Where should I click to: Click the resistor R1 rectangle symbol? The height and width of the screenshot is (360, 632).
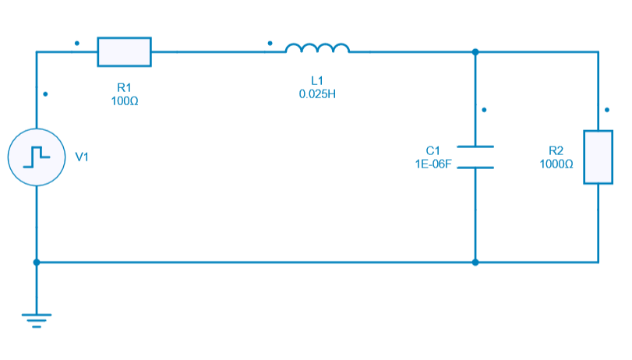click(x=124, y=51)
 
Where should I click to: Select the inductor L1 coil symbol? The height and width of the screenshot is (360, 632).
click(x=317, y=49)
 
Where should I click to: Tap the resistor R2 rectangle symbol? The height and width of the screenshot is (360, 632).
click(x=598, y=157)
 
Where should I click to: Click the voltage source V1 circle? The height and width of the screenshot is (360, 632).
click(x=36, y=157)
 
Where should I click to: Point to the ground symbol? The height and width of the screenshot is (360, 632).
click(x=36, y=319)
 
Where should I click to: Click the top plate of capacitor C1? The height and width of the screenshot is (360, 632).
click(x=475, y=146)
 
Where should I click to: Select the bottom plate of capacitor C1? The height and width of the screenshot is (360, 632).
click(x=475, y=167)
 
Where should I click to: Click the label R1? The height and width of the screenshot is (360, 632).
click(x=124, y=88)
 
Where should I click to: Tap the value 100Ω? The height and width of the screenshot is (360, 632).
click(x=124, y=101)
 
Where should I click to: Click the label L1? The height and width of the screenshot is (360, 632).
click(x=317, y=80)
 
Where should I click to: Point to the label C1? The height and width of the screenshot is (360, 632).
click(x=433, y=150)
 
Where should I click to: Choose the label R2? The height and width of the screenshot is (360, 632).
click(x=556, y=150)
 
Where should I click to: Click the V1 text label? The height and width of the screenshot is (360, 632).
click(x=82, y=157)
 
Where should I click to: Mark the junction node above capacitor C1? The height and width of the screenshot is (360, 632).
click(x=475, y=52)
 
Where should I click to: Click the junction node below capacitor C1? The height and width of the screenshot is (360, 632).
click(x=475, y=262)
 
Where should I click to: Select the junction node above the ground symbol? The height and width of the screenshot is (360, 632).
click(x=36, y=262)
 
